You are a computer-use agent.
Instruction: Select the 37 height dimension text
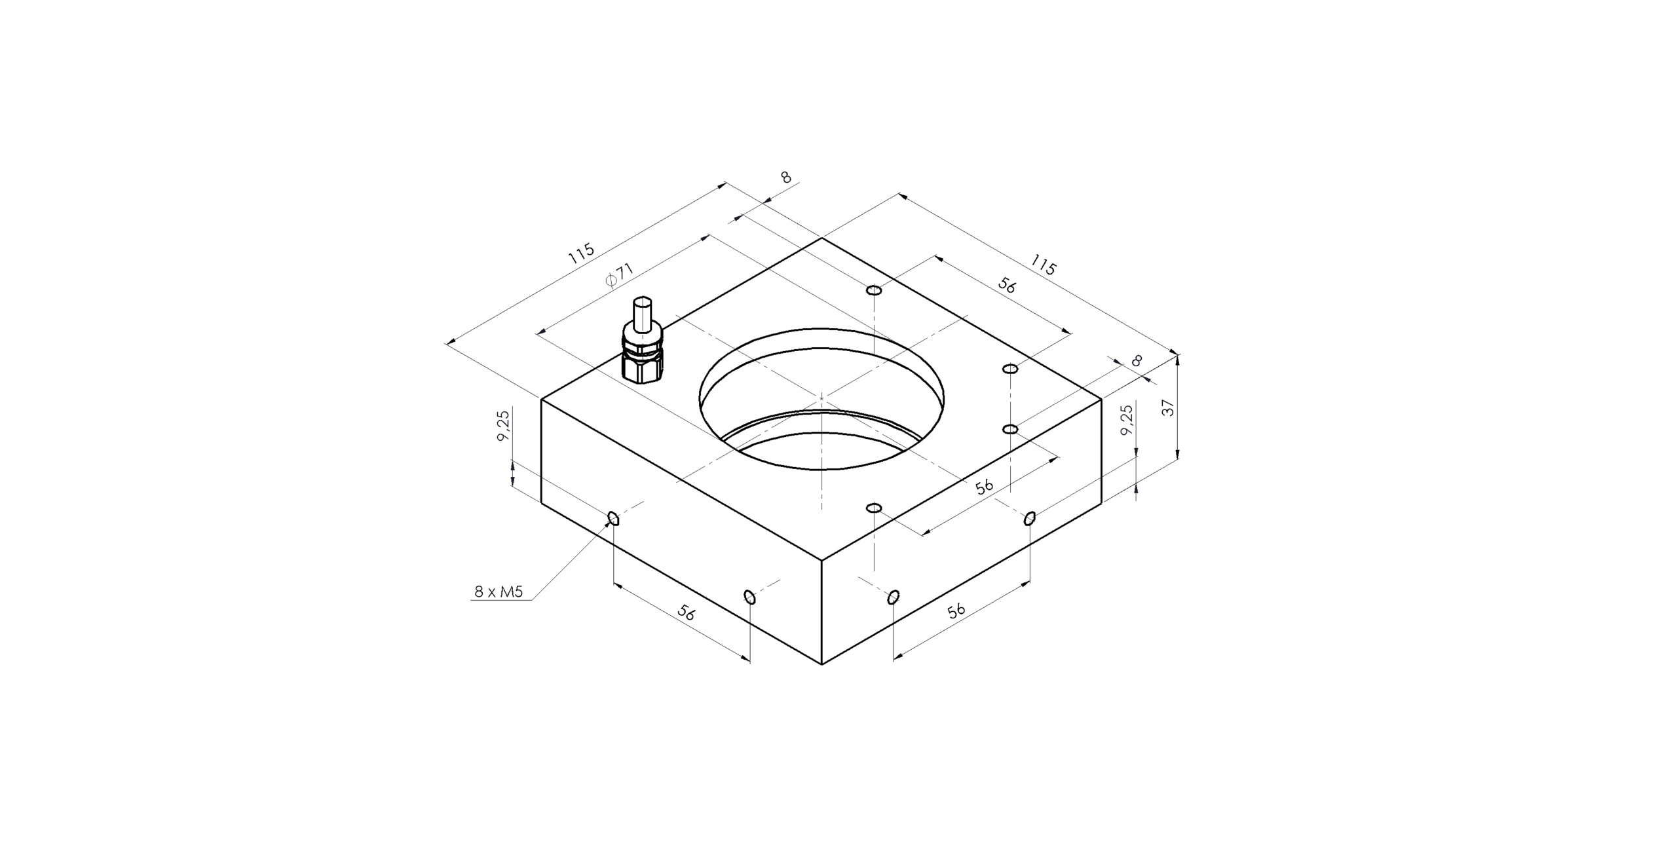coord(1168,407)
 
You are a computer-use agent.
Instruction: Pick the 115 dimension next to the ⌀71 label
coord(581,254)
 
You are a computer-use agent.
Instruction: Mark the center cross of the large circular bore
coord(821,398)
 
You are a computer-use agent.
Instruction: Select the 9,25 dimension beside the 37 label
coord(1126,420)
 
